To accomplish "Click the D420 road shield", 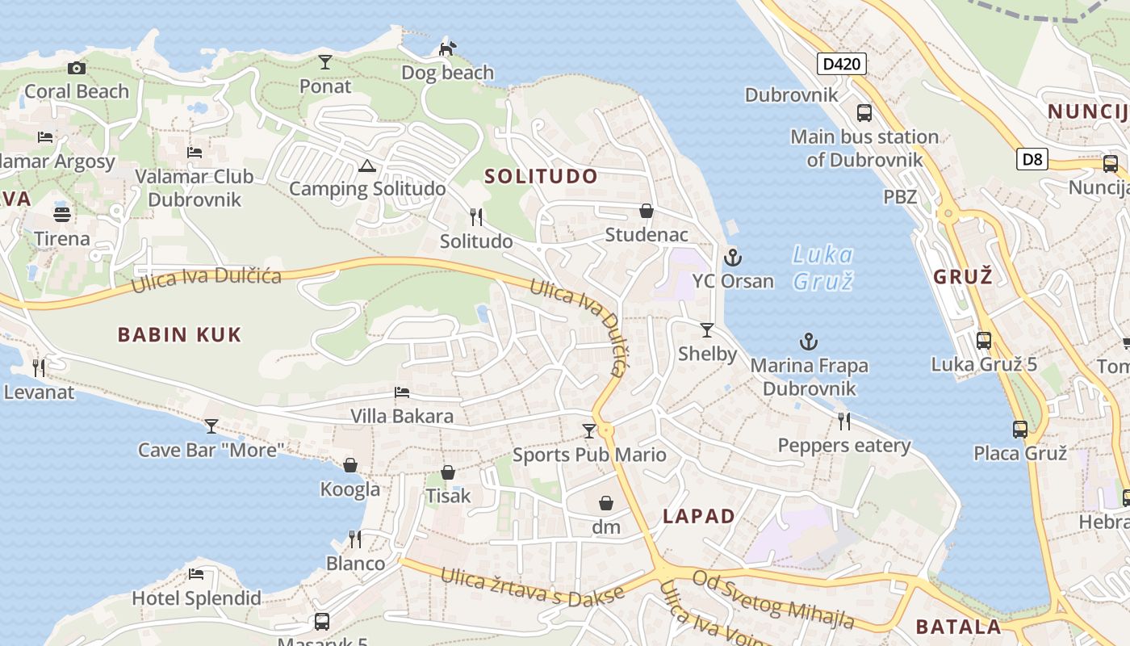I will tap(842, 64).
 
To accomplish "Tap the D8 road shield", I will tap(1032, 159).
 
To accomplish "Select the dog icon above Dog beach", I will tap(447, 48).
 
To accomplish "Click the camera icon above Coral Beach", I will tap(77, 68).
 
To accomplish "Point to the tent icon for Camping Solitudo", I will tap(367, 166).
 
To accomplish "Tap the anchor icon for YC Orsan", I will tap(733, 258).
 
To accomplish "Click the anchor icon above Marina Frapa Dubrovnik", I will tap(808, 342).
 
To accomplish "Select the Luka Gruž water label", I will tap(822, 267).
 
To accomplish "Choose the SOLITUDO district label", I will tap(542, 176).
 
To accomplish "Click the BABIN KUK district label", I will tap(179, 334).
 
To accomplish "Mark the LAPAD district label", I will tap(699, 517).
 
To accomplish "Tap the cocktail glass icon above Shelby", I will tap(707, 329).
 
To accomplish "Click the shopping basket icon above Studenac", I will tap(647, 211).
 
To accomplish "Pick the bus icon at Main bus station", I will tap(864, 112).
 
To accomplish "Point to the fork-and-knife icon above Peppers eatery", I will tap(844, 421).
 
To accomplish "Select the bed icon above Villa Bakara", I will tap(402, 392).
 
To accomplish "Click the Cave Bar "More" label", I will tap(211, 450).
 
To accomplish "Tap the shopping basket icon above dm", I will tap(606, 503).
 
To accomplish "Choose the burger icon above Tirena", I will tap(62, 215).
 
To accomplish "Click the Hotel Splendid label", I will tap(197, 598).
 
